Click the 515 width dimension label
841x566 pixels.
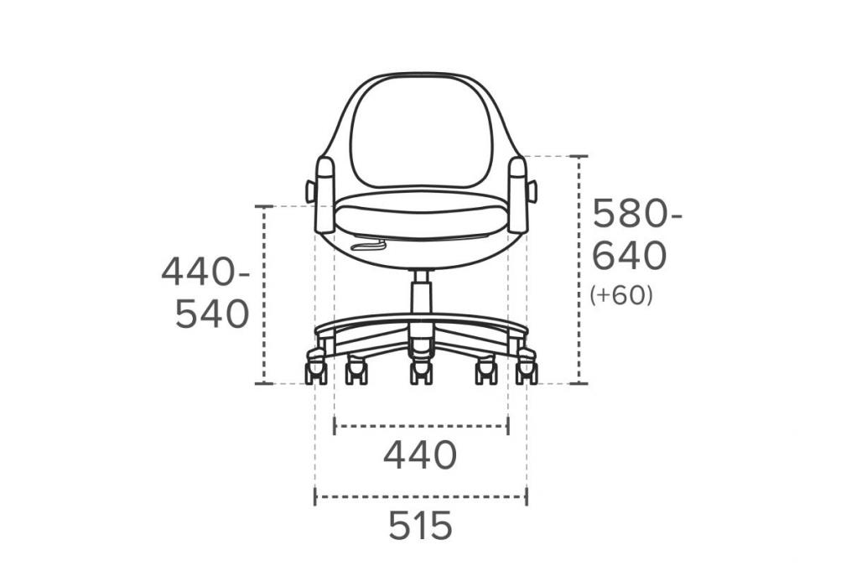pyautogui.click(x=421, y=526)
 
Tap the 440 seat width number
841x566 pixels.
pyautogui.click(x=420, y=455)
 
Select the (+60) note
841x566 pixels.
pyautogui.click(x=621, y=295)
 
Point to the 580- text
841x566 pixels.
pyautogui.click(x=637, y=214)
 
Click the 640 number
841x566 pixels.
pyautogui.click(x=630, y=256)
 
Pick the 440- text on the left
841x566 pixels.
pyautogui.click(x=205, y=272)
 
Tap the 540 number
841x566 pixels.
pyautogui.click(x=212, y=314)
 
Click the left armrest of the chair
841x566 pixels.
pyautogui.click(x=325, y=195)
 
